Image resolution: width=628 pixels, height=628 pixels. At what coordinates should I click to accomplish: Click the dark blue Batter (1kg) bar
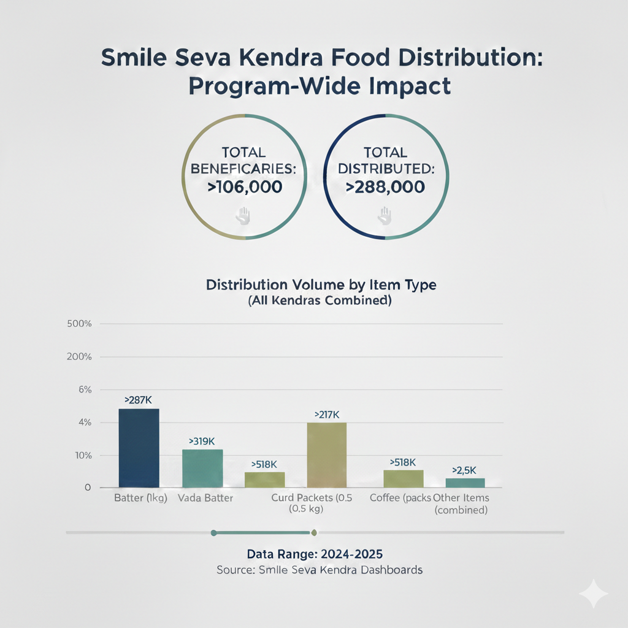tap(139, 448)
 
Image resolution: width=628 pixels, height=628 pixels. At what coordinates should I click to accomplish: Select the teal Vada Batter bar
tap(202, 468)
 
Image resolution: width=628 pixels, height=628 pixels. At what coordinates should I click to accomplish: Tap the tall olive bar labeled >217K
tap(326, 454)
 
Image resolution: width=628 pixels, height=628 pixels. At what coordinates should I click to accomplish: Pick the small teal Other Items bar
tap(465, 483)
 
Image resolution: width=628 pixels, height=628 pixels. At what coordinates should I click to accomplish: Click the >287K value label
tap(138, 400)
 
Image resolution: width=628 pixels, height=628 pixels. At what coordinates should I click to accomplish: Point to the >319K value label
tap(202, 441)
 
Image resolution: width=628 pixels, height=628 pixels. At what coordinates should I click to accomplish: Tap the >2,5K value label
tap(465, 470)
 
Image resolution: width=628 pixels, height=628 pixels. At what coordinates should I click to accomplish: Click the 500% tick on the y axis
tap(79, 324)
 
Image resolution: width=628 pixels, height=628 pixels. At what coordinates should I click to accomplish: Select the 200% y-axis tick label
tap(79, 357)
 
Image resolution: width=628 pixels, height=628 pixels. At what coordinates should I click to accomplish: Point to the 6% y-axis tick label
tap(85, 389)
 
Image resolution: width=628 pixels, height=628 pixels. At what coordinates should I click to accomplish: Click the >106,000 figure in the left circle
tap(245, 187)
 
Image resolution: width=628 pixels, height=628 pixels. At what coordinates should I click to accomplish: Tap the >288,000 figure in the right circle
tap(385, 187)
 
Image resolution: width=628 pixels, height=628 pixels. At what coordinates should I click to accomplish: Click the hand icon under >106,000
tap(244, 214)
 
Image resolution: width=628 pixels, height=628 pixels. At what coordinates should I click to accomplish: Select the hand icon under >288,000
tap(385, 214)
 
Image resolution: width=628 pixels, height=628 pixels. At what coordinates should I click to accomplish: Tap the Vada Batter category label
tap(205, 498)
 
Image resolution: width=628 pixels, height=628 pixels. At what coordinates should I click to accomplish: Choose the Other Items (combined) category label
tap(461, 504)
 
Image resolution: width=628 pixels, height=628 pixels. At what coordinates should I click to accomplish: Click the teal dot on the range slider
tap(213, 532)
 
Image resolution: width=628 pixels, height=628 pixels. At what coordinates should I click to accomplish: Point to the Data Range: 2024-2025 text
tap(319, 554)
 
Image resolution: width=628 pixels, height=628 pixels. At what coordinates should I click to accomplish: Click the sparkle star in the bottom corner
tap(594, 594)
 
